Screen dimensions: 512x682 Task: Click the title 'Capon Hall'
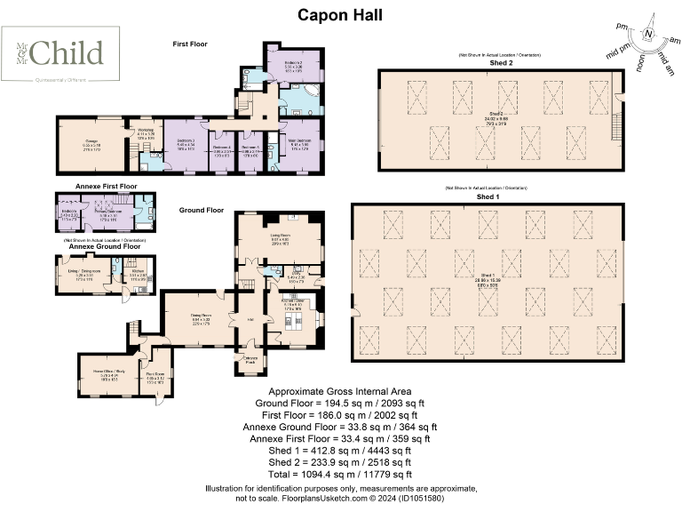click(x=340, y=14)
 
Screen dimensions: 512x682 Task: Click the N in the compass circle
click(x=648, y=35)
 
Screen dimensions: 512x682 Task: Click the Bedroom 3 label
click(x=186, y=143)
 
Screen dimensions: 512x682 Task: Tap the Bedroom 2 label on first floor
click(x=293, y=65)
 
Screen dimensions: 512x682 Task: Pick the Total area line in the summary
click(x=341, y=475)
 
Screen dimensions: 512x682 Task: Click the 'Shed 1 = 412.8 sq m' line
click(x=341, y=451)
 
